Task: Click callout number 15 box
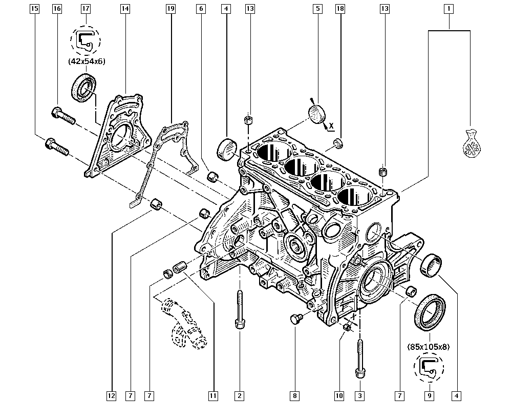35,9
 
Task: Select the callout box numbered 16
57,9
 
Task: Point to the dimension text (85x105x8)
429,347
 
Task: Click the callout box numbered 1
449,9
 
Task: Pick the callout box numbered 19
170,9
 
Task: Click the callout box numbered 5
317,9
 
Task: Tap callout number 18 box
339,9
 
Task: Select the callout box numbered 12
112,395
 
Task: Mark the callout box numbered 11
213,395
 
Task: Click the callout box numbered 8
294,395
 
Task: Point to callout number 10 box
338,395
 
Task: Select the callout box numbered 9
429,395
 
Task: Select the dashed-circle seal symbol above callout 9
429,368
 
